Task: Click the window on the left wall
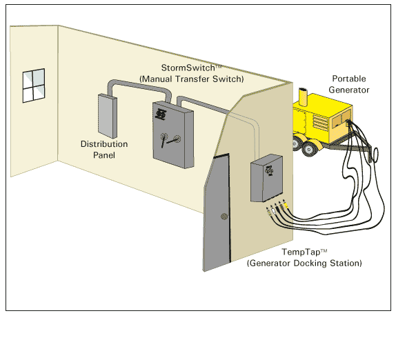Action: pyautogui.click(x=34, y=86)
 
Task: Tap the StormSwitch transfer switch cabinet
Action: pyautogui.click(x=173, y=134)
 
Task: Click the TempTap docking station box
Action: pyautogui.click(x=266, y=178)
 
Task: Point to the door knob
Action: pyautogui.click(x=224, y=216)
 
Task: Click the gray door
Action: pyautogui.click(x=217, y=212)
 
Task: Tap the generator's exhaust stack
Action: pyautogui.click(x=303, y=97)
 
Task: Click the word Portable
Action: pyautogui.click(x=349, y=79)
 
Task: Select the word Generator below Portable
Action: pyautogui.click(x=349, y=90)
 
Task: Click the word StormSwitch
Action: pyautogui.click(x=188, y=68)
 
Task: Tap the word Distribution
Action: pyautogui.click(x=104, y=144)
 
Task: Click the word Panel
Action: pyautogui.click(x=104, y=155)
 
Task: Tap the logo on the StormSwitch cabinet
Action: pyautogui.click(x=160, y=114)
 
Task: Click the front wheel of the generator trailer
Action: pyautogui.click(x=308, y=149)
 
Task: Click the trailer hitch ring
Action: pyautogui.click(x=375, y=154)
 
